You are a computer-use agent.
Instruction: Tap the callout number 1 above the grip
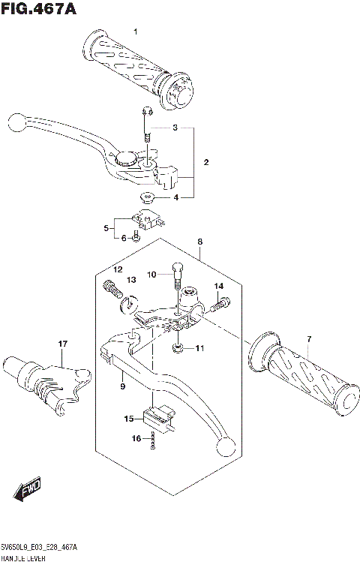tap(136, 31)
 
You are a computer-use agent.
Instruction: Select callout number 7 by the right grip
tap(307, 341)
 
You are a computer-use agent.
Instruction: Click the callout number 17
tap(63, 344)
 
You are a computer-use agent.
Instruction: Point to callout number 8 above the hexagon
tap(200, 242)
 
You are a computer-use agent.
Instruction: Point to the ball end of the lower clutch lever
tap(223, 449)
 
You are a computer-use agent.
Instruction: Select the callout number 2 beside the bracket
tap(205, 162)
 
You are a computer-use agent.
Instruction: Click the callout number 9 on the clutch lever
tap(121, 386)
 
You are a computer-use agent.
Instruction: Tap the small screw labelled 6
tap(135, 239)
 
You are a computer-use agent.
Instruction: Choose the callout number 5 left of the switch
tap(107, 227)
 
